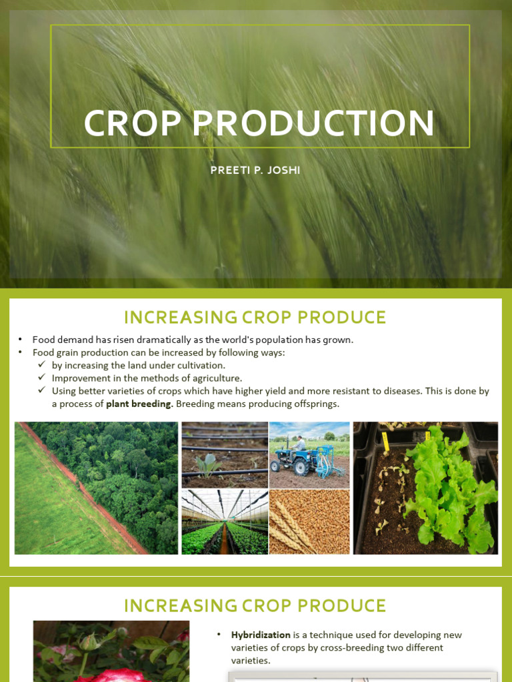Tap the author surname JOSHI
[x=284, y=170]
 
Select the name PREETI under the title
[x=226, y=170]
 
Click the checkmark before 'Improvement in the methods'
[x=42, y=377]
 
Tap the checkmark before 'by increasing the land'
[x=42, y=364]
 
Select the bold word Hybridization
[x=261, y=635]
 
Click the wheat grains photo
[x=309, y=521]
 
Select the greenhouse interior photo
[x=225, y=521]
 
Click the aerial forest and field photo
[x=96, y=488]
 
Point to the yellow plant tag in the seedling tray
[x=385, y=438]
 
